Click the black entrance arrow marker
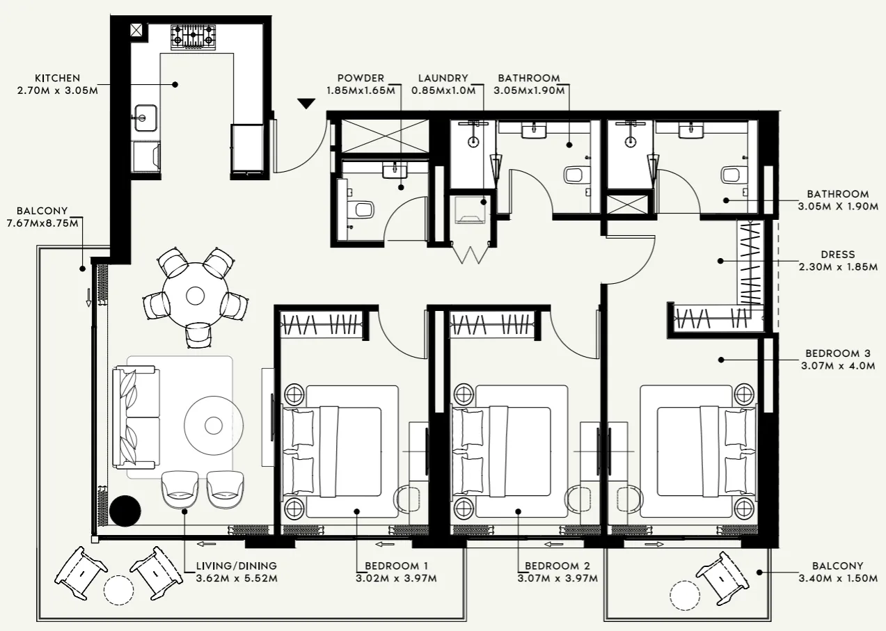tap(306, 104)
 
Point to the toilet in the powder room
tap(362, 208)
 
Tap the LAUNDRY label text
tap(443, 79)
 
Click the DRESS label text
tap(837, 255)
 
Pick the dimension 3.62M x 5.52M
tap(236, 578)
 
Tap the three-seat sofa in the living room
tap(136, 418)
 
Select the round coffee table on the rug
tap(214, 424)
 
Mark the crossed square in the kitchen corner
tap(136, 30)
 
